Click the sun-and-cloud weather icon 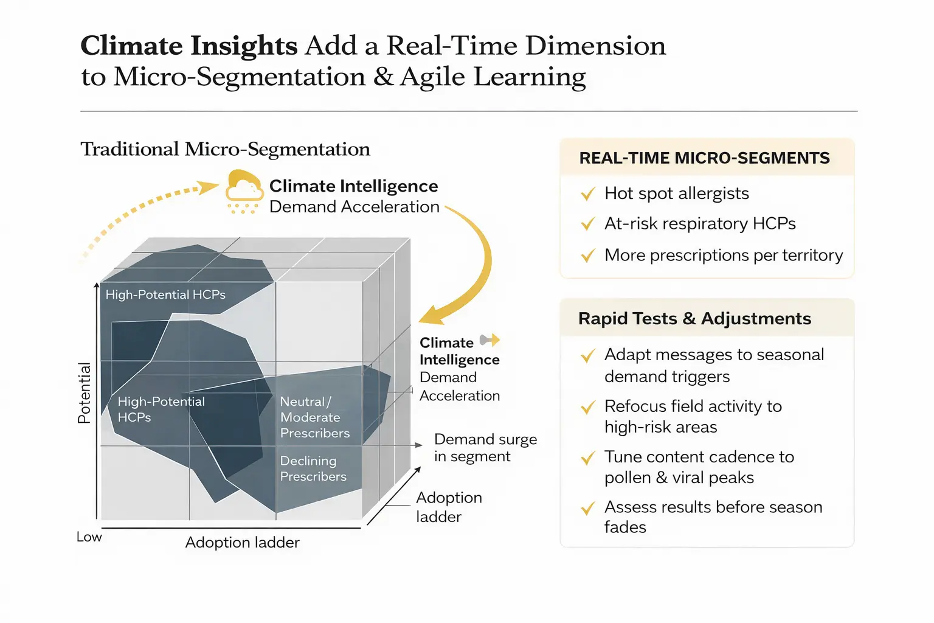tap(244, 192)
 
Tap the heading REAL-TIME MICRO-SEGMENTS tap(704, 158)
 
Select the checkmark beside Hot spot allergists tap(588, 193)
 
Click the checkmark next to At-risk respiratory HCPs tap(588, 224)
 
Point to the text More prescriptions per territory tap(724, 255)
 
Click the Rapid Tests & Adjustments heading tap(694, 318)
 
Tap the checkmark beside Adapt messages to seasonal tap(588, 355)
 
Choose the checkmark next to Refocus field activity tap(588, 407)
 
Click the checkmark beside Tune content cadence tap(588, 458)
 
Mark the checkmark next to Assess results tap(588, 508)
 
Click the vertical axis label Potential tap(85, 393)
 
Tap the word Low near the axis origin tap(89, 537)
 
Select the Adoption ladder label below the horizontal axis tap(242, 543)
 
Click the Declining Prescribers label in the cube tap(313, 468)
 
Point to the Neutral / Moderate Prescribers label tap(315, 417)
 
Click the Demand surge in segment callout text tap(485, 448)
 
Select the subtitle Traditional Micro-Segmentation tap(225, 149)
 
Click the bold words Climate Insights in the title tap(189, 46)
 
